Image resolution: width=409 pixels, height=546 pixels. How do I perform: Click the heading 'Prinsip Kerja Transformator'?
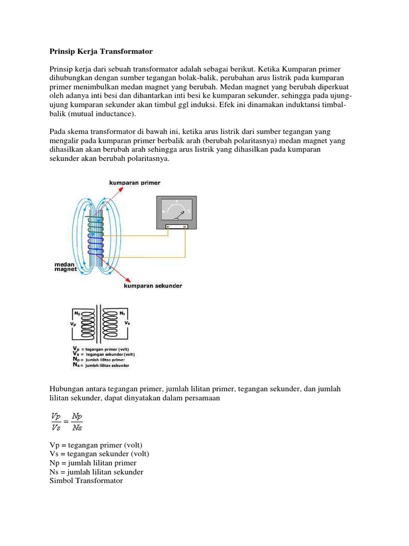point(101,51)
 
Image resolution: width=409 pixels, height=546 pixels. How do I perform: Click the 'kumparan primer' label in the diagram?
point(134,183)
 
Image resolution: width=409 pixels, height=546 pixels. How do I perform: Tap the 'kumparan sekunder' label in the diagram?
point(153,286)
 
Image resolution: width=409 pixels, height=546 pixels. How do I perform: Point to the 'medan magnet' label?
point(66,267)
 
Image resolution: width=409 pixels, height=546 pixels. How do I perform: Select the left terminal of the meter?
point(168,227)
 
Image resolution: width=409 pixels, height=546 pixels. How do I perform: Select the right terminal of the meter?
point(185,227)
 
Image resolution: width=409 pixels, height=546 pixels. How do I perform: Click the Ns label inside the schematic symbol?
point(122,314)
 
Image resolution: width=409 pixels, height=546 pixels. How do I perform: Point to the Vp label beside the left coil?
point(73,324)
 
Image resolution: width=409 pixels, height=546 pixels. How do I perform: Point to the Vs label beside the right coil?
point(127,323)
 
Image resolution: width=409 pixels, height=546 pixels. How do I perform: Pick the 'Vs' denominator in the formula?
point(56,426)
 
